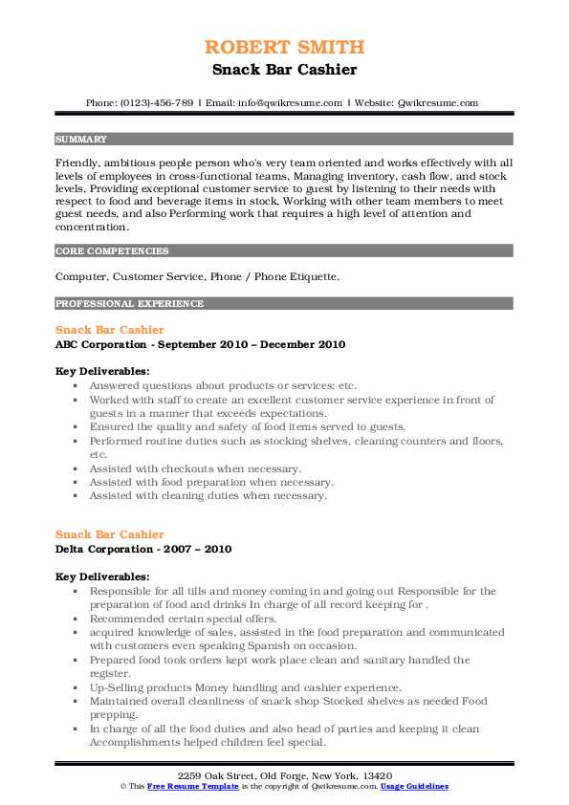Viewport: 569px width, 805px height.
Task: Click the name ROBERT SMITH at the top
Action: point(284,47)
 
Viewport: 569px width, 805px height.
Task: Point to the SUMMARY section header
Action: point(81,140)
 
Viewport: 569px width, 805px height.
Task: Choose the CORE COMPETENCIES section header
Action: point(112,251)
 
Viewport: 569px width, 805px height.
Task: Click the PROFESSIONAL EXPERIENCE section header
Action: point(129,304)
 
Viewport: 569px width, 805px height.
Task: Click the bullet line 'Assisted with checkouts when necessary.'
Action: point(195,468)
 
